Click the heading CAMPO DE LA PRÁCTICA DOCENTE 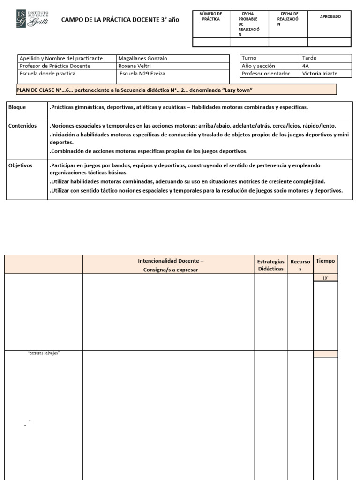coord(120,20)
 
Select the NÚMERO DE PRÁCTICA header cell coord(210,17)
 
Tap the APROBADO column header coord(330,16)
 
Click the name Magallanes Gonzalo coord(142,59)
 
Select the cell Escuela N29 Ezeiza coord(142,74)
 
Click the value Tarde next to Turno coord(309,58)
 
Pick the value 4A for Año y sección coord(306,66)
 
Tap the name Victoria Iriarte coord(320,74)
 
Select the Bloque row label coord(17,107)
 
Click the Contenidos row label coord(22,126)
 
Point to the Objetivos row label coord(21,165)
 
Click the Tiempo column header coord(325,261)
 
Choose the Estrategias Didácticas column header coord(270,265)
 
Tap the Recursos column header coord(300,265)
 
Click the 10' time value coord(325,278)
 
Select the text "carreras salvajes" coord(44,353)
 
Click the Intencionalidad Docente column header coord(168,265)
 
